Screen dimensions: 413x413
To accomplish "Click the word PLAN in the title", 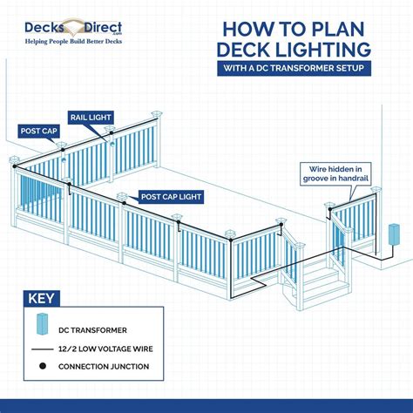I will [x=366, y=24].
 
